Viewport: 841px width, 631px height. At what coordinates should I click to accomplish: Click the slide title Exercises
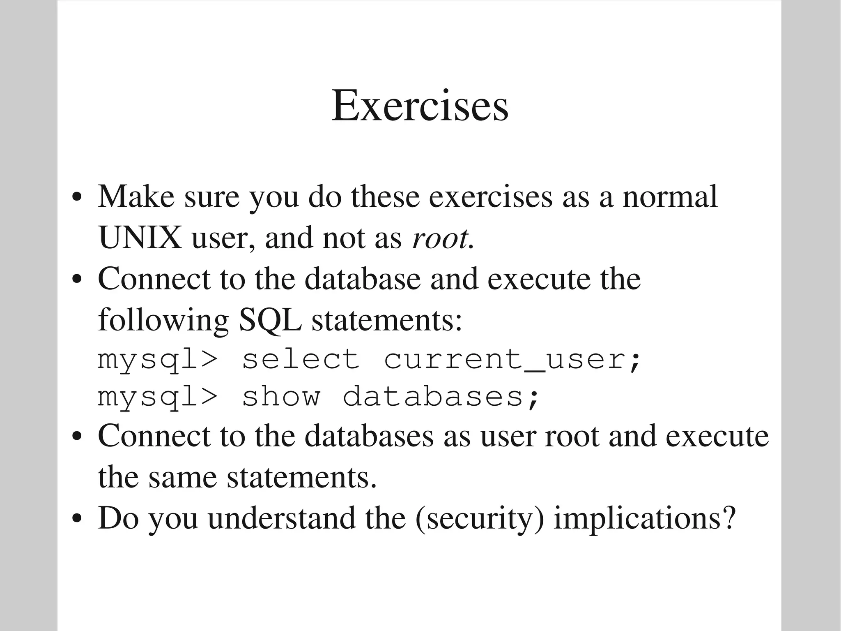pos(420,106)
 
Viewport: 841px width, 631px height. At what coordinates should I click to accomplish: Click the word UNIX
pos(140,237)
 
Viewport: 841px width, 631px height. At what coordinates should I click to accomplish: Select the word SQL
pos(270,320)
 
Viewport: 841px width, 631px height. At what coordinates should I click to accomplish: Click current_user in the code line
pos(512,360)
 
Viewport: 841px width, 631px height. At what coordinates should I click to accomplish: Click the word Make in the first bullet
pos(136,196)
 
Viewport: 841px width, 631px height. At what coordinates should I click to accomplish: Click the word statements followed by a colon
pos(387,321)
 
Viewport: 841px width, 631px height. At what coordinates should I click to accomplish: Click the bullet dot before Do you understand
pos(77,519)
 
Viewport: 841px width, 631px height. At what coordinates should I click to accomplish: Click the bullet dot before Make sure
pos(77,197)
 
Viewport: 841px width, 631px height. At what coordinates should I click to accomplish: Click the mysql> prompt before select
pos(158,360)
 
